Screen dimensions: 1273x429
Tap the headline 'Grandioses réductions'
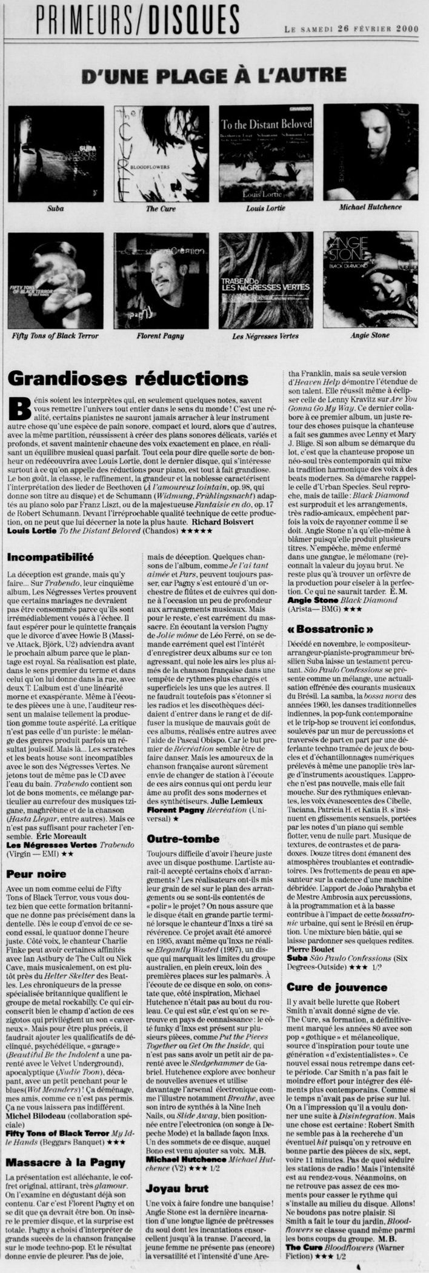[128, 378]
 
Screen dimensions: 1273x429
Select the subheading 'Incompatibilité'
[50, 555]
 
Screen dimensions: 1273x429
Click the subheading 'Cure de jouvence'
[337, 987]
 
